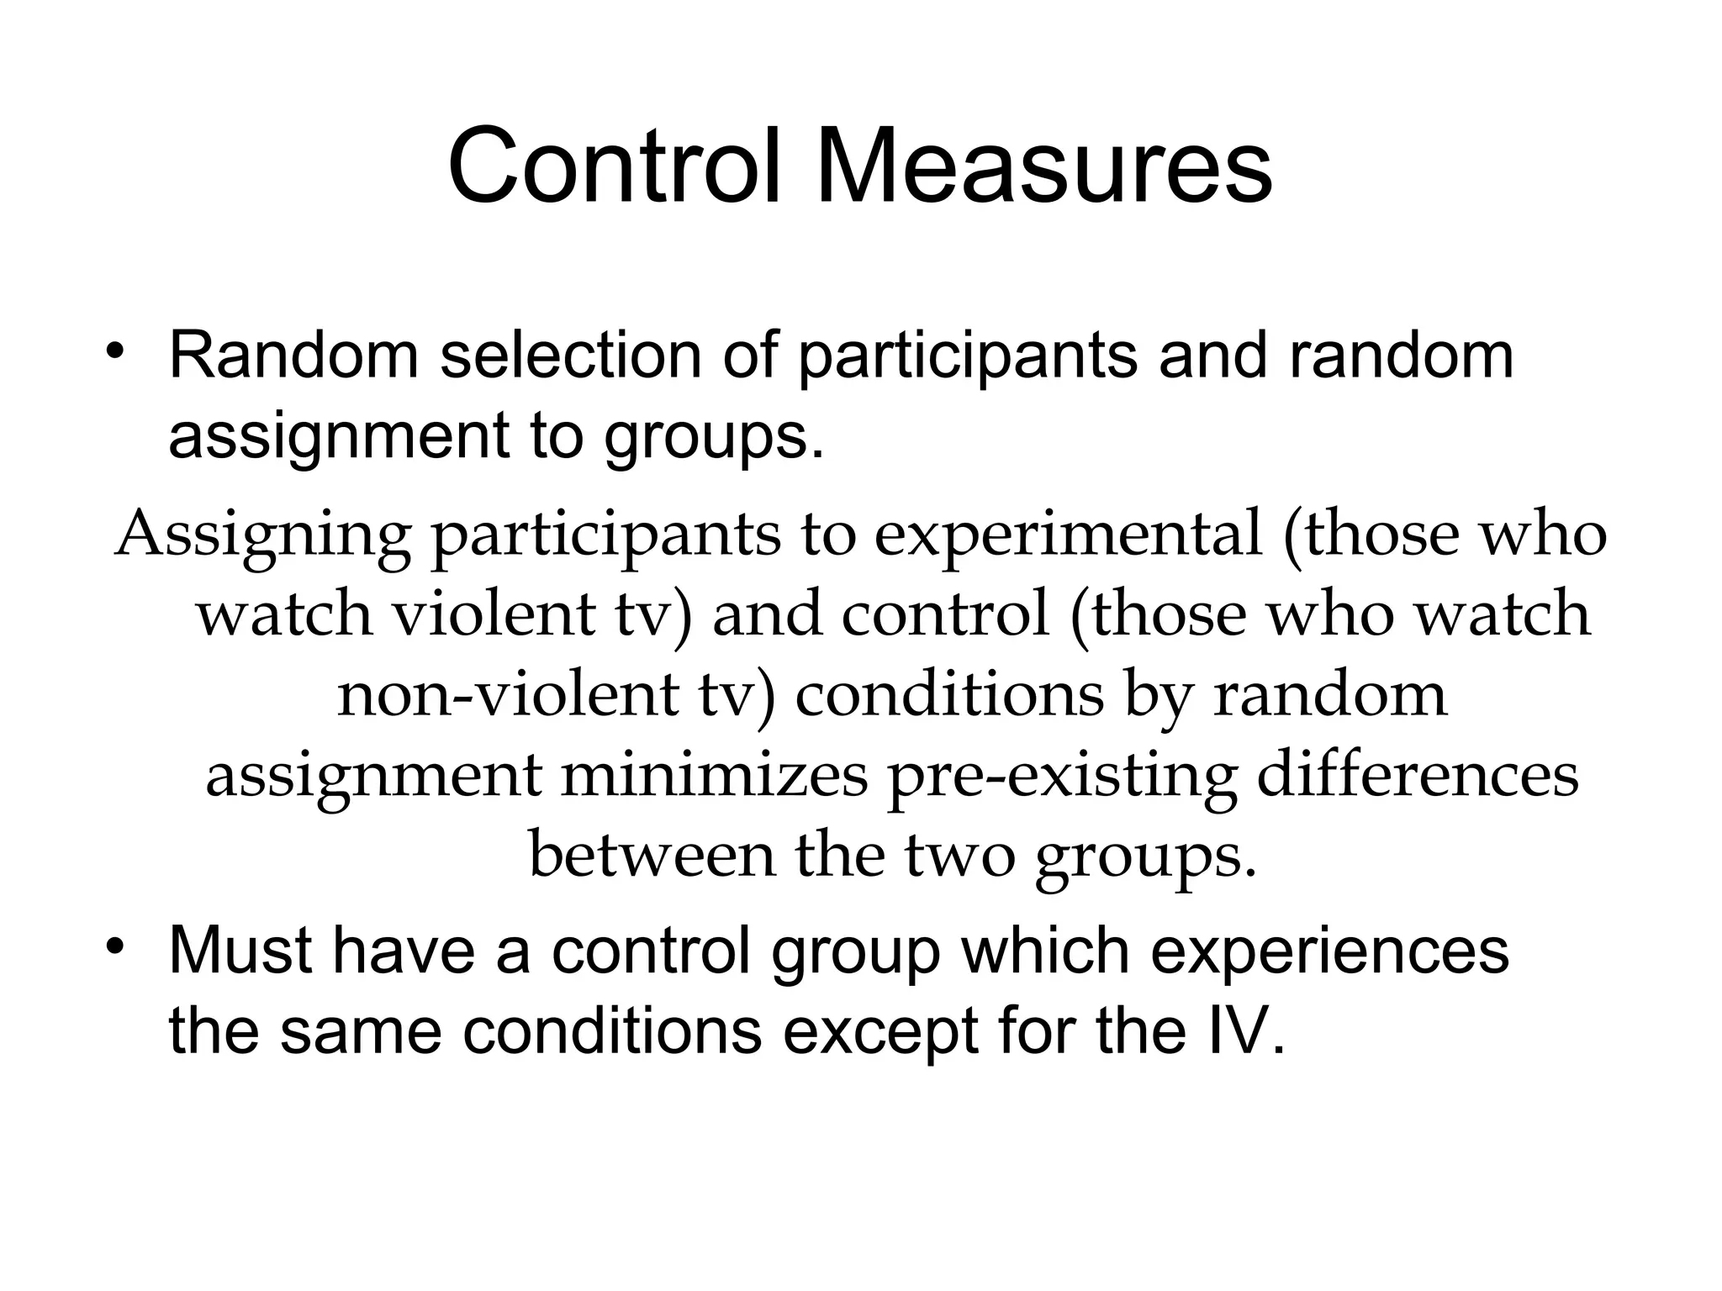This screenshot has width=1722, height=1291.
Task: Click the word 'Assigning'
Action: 263,535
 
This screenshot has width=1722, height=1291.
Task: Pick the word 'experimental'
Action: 1068,535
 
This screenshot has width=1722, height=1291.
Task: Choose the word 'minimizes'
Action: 714,776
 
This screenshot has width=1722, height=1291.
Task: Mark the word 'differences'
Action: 1418,776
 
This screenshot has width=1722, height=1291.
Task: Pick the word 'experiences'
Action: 1329,951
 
